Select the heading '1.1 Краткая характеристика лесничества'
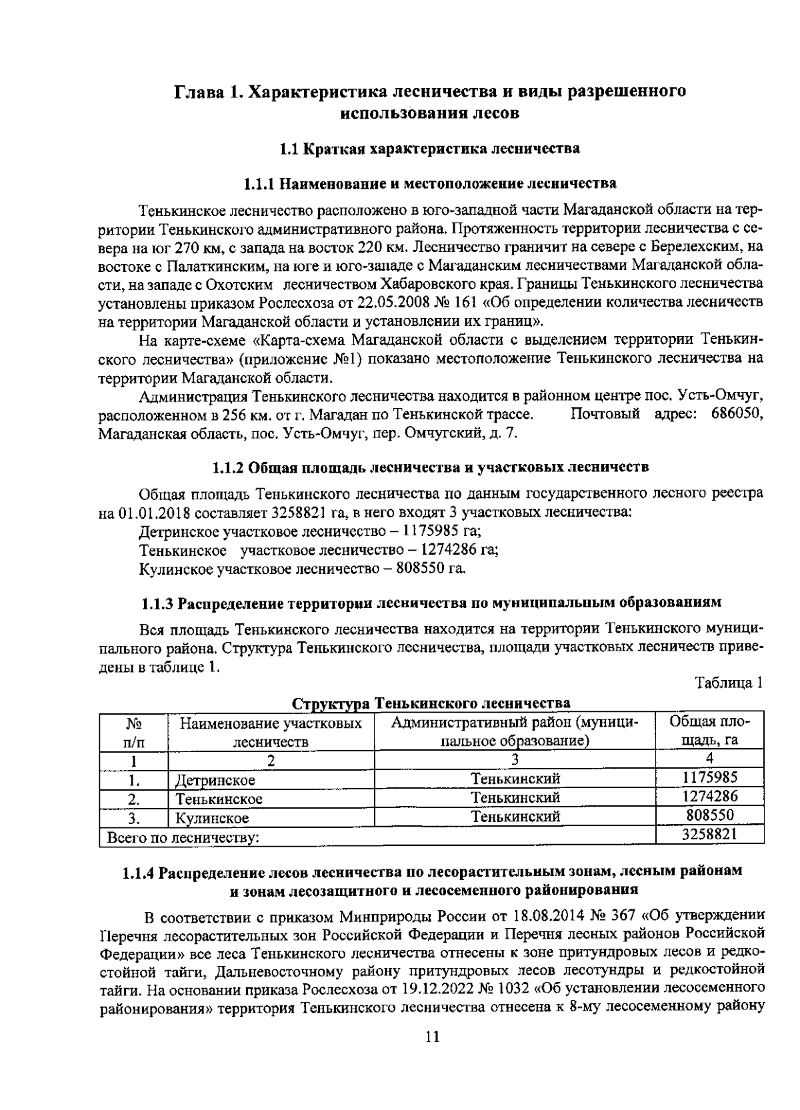[429, 148]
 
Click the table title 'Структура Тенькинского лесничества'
[431, 703]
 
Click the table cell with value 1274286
[710, 797]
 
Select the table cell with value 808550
[710, 815]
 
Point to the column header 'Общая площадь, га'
[710, 731]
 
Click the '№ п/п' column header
[133, 732]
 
